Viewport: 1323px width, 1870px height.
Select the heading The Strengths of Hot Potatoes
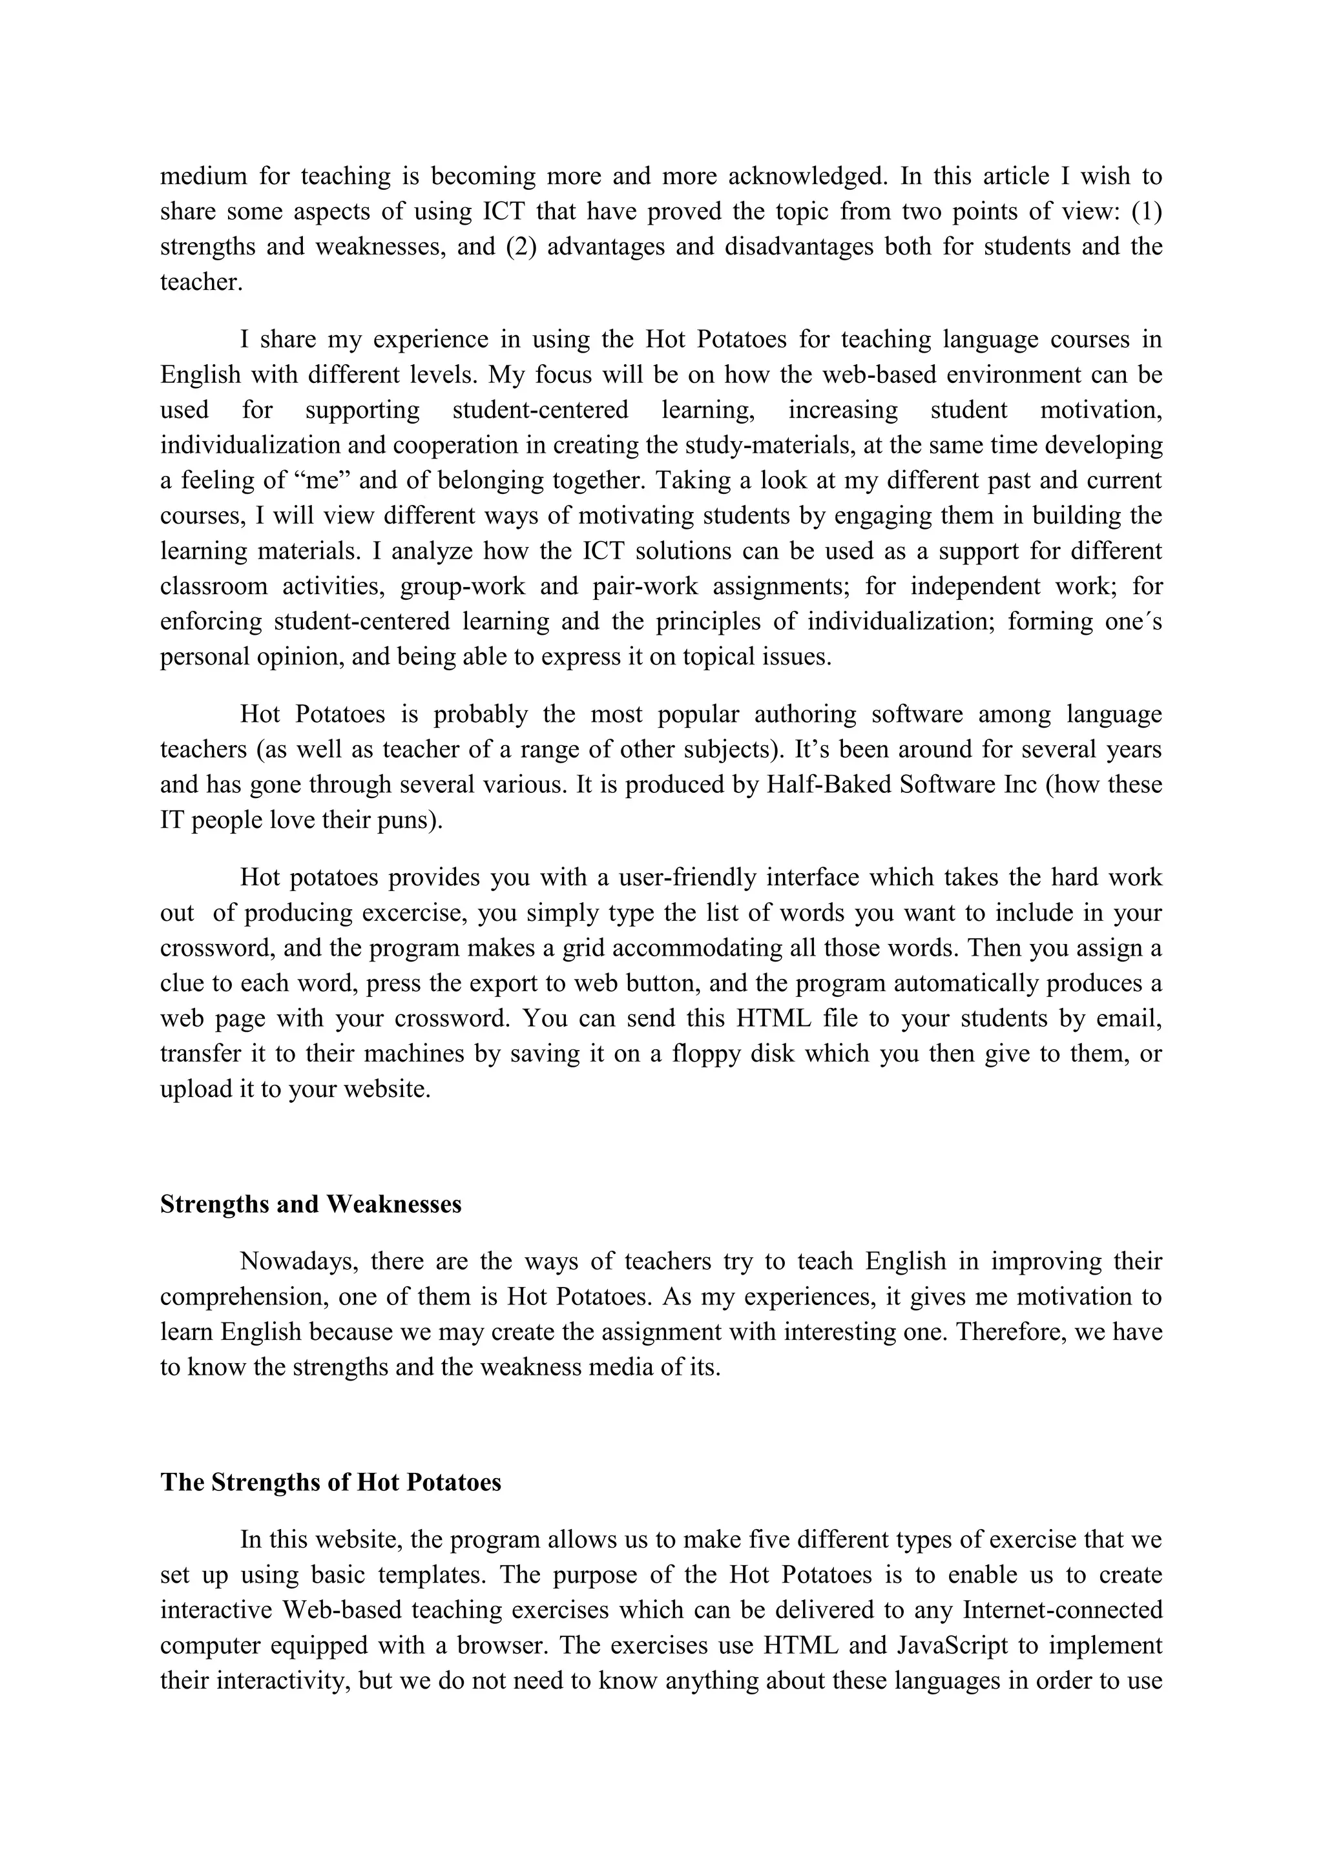coord(331,1481)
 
